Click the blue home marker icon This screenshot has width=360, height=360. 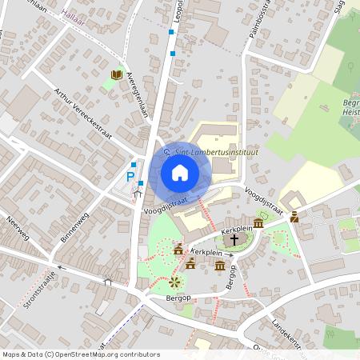[180, 173]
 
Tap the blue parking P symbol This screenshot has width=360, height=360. [130, 177]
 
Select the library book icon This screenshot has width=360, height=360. [116, 75]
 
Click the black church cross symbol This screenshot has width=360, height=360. [233, 239]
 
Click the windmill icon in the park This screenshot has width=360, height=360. [174, 282]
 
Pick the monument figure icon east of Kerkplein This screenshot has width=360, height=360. [294, 216]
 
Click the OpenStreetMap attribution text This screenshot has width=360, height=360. [81, 354]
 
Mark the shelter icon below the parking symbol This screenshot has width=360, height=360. [137, 192]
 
